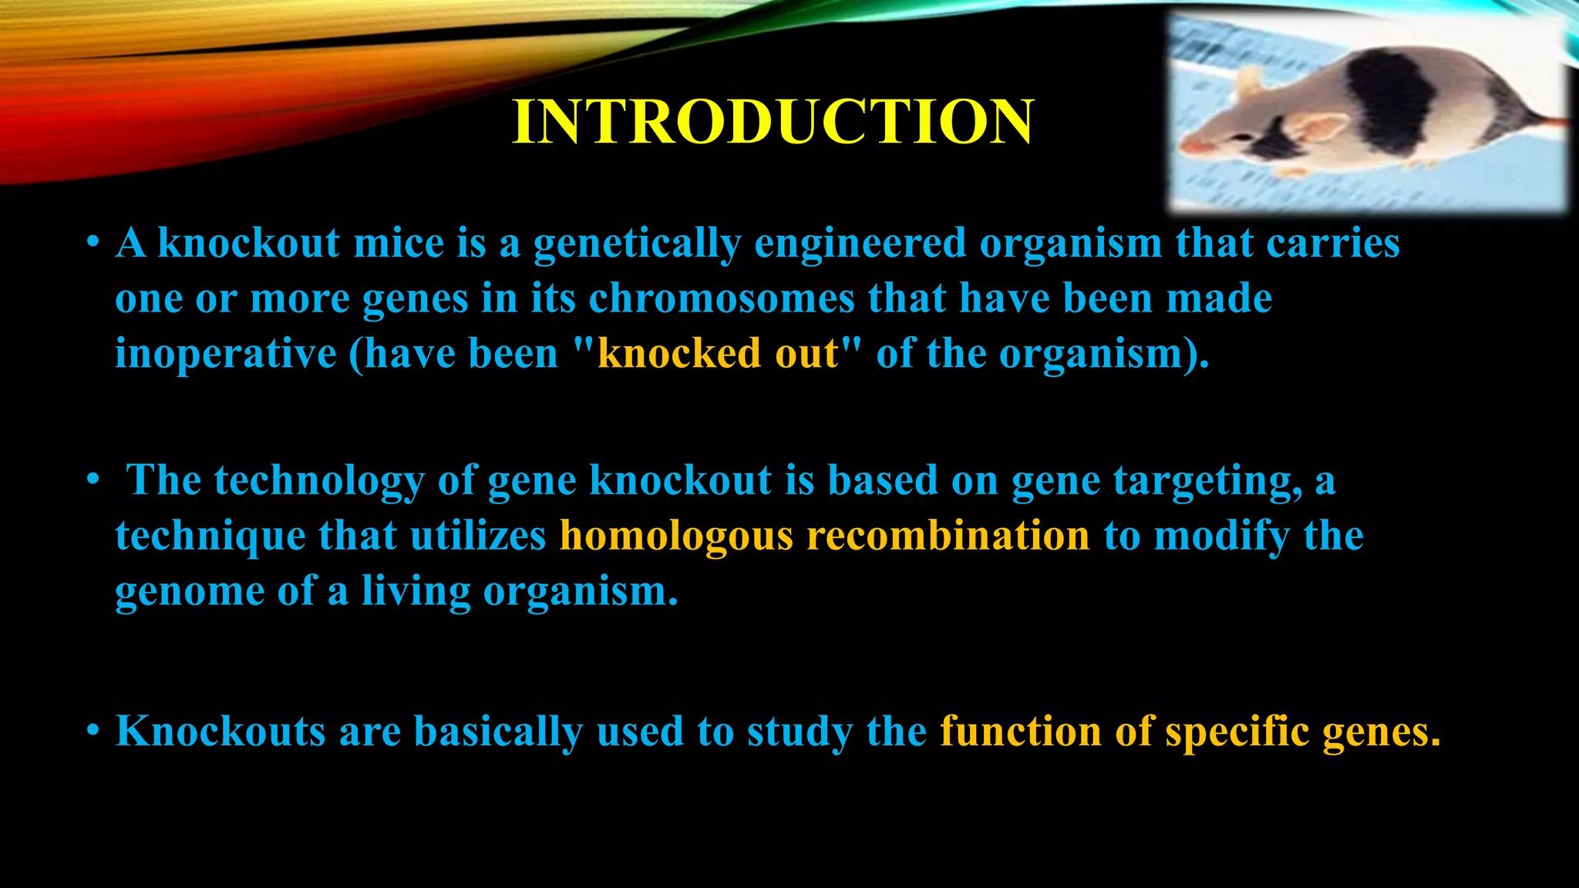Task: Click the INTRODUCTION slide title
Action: tap(773, 122)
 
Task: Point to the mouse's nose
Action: tap(1188, 146)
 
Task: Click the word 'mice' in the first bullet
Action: tap(398, 244)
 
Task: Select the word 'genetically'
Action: tap(637, 244)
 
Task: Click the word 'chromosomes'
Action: tap(722, 298)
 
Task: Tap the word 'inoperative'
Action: tap(225, 354)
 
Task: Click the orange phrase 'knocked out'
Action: tap(717, 354)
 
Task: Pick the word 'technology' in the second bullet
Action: tap(318, 480)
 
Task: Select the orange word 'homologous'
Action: tap(675, 536)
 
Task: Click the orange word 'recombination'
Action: tap(948, 536)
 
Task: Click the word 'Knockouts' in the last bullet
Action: tap(221, 731)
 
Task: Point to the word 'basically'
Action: tap(498, 731)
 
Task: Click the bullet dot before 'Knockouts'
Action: tap(93, 731)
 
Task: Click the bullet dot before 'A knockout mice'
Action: tap(93, 244)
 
